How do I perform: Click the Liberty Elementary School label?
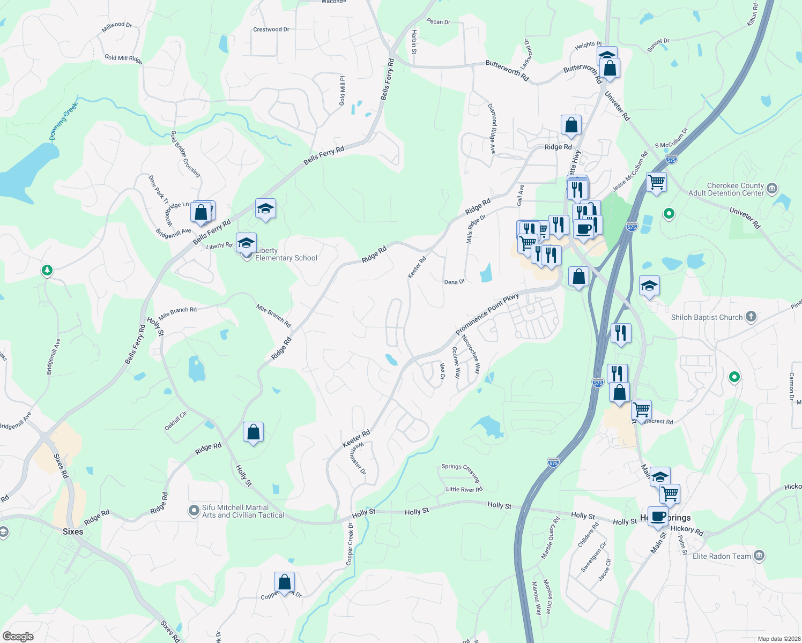click(x=286, y=254)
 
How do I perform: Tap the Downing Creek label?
click(x=64, y=121)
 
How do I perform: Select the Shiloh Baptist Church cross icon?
click(x=751, y=317)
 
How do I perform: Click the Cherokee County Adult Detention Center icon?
click(x=772, y=188)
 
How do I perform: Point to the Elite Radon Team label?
click(x=722, y=556)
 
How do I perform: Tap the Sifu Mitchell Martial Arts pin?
click(x=194, y=511)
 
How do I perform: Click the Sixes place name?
click(x=73, y=532)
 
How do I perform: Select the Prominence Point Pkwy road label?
click(x=487, y=314)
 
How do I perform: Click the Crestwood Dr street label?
click(x=271, y=29)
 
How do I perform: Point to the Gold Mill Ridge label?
click(x=123, y=58)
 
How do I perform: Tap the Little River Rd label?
click(x=464, y=489)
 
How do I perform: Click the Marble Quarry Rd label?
click(x=551, y=537)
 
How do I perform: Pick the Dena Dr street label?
click(x=454, y=282)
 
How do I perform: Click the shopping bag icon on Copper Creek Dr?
click(x=284, y=581)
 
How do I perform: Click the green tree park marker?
click(x=47, y=270)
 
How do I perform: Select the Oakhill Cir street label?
click(x=176, y=421)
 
